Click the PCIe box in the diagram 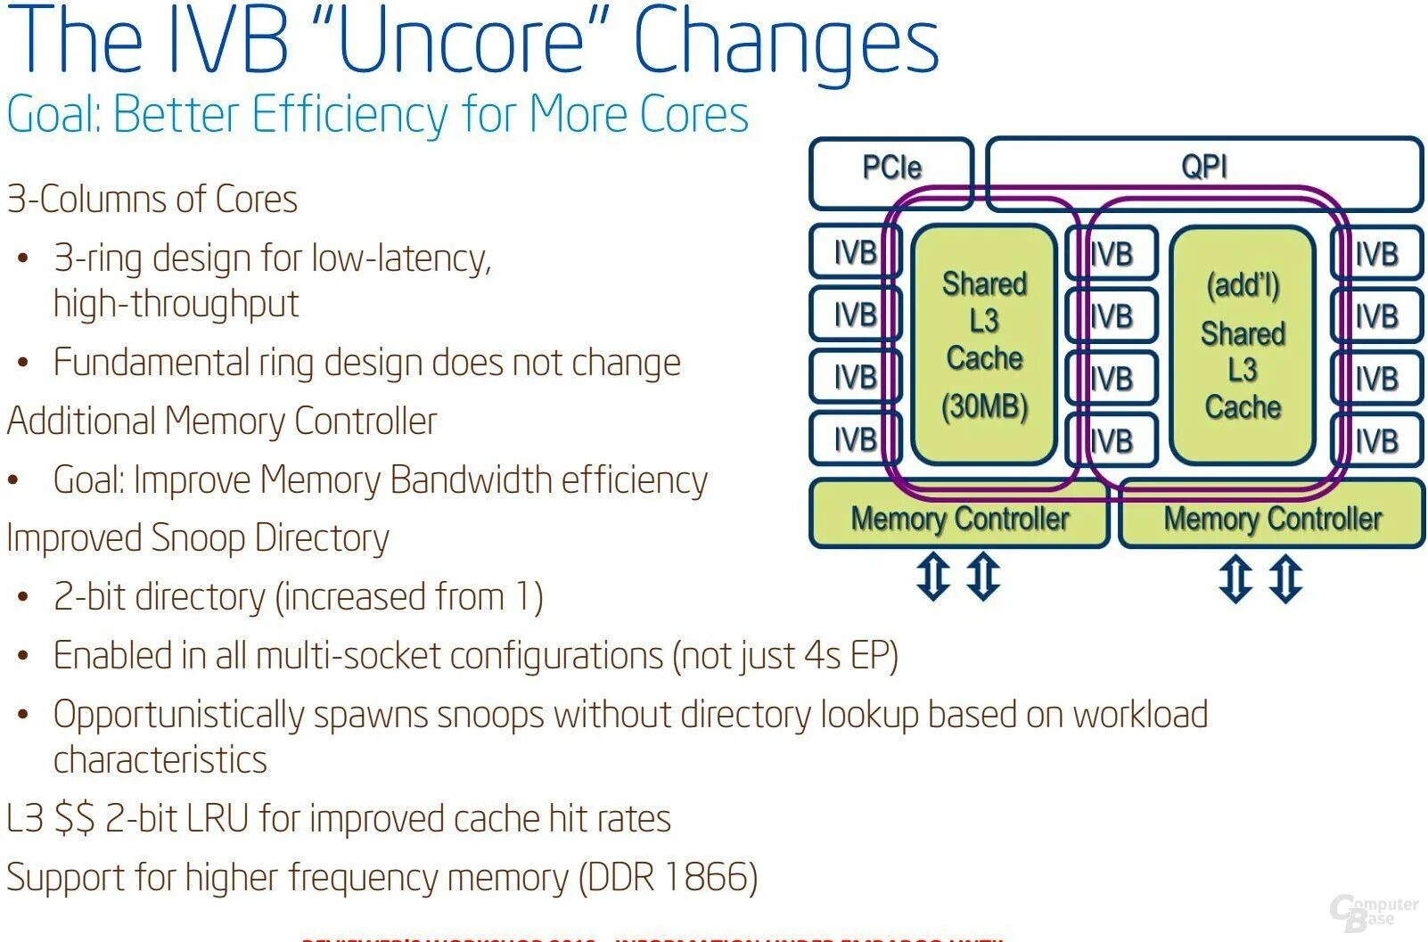(x=890, y=168)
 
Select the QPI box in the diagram (x=1203, y=167)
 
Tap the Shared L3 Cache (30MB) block (x=984, y=344)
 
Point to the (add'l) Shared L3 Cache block (x=1243, y=346)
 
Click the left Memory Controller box (x=959, y=518)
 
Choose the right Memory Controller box (x=1272, y=518)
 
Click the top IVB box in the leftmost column (x=854, y=253)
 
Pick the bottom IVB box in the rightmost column (x=1376, y=440)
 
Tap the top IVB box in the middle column (x=1112, y=254)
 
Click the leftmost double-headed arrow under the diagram (x=933, y=577)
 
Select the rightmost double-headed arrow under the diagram (x=1285, y=578)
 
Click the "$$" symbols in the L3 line (x=74, y=818)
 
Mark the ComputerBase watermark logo (x=1373, y=912)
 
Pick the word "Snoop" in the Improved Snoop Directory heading (x=198, y=538)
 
